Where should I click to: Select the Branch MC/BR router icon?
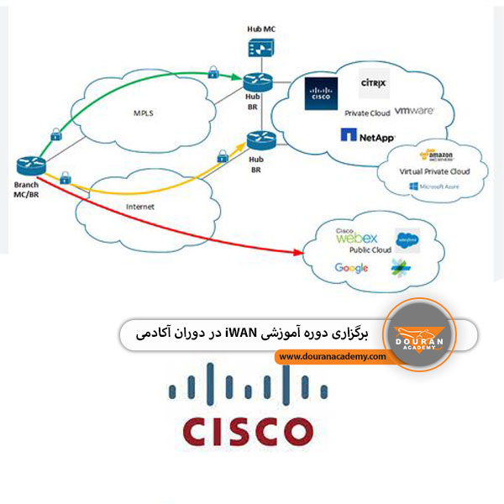click(27, 165)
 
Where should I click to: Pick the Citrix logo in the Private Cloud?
click(373, 84)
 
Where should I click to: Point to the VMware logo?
click(413, 111)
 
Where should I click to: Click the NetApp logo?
click(368, 134)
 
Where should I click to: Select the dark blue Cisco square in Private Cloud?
click(321, 94)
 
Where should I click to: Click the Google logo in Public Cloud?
click(351, 268)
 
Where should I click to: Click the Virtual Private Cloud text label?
click(436, 171)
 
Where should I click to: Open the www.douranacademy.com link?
click(333, 356)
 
